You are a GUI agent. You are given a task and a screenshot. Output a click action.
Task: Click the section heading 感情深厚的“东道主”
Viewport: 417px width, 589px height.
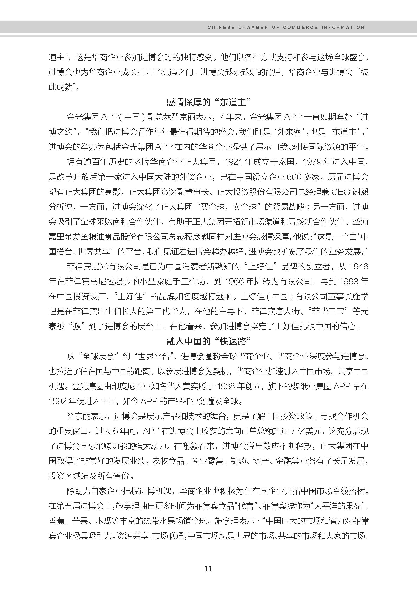(x=208, y=102)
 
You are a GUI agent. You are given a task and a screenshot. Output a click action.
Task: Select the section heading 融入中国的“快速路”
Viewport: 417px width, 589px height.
(x=208, y=341)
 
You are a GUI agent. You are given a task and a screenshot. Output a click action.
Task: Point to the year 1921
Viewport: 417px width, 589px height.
(x=233, y=162)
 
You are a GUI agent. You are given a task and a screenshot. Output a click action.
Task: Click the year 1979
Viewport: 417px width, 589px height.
(x=312, y=162)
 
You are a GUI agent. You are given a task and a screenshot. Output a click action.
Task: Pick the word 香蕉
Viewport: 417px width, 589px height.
(x=56, y=521)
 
